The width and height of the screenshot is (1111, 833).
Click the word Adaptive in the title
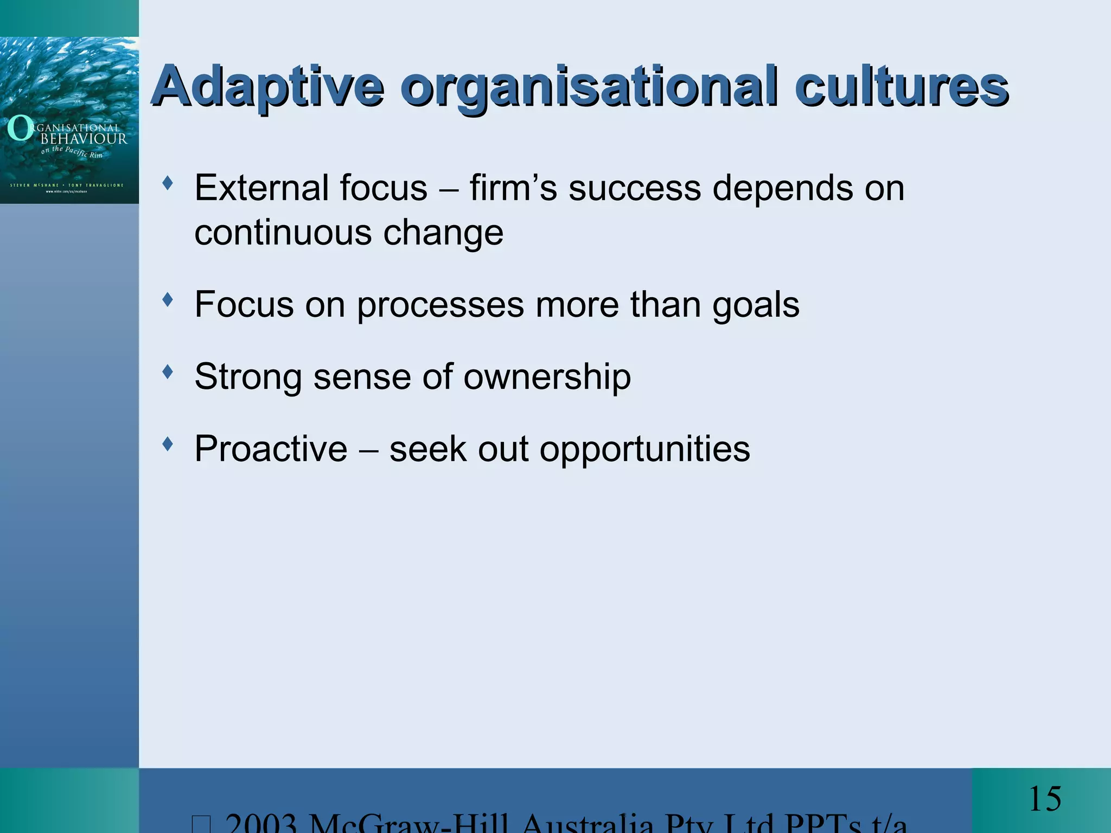[x=268, y=87]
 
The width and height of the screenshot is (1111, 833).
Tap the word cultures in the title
[x=901, y=87]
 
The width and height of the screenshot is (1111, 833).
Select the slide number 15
[x=1044, y=799]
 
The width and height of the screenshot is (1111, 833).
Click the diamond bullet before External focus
[x=168, y=183]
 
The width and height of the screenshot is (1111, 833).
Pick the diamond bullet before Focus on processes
[x=168, y=299]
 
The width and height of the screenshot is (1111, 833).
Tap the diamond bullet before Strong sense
[x=168, y=371]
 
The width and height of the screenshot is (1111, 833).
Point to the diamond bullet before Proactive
[x=168, y=444]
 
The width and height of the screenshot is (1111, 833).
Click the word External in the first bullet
[x=261, y=188]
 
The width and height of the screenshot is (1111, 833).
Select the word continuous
[x=283, y=233]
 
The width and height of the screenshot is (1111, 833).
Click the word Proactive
[x=271, y=449]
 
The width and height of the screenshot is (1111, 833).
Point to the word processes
[x=440, y=305]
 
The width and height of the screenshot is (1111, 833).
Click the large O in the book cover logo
[x=20, y=129]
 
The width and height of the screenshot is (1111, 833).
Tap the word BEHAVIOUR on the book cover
[x=84, y=139]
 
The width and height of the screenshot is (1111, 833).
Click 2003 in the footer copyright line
[x=260, y=824]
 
